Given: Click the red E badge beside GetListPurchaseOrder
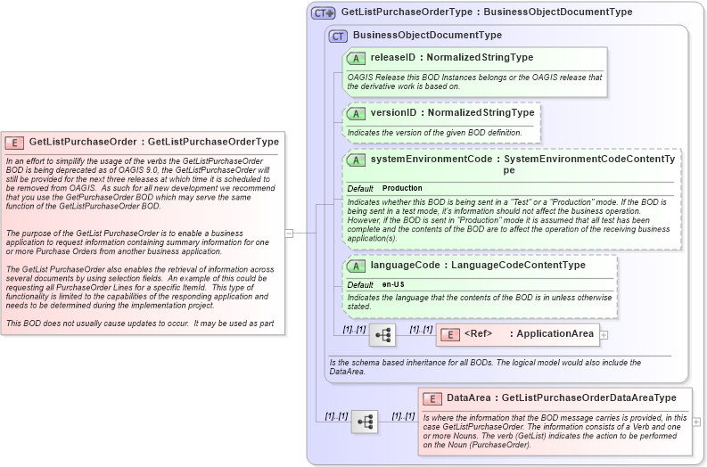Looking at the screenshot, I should (14, 142).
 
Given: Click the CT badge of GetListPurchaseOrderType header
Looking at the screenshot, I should (323, 12).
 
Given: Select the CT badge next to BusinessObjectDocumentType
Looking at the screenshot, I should (338, 36).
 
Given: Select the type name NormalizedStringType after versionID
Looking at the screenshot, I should (481, 113).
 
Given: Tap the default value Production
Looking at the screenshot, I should (402, 189).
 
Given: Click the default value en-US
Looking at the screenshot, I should (394, 285).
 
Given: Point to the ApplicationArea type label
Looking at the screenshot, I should (555, 334).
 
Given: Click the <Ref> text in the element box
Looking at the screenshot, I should (479, 334).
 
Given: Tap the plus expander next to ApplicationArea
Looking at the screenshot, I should (604, 335).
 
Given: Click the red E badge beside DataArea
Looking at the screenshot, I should (432, 398).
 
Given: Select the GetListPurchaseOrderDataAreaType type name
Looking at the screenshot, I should (589, 398).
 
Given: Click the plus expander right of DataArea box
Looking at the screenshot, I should (696, 422).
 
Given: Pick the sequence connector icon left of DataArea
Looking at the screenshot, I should (365, 422).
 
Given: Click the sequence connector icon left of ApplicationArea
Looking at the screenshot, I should (382, 335).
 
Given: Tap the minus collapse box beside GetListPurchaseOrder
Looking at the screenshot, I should (289, 233).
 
